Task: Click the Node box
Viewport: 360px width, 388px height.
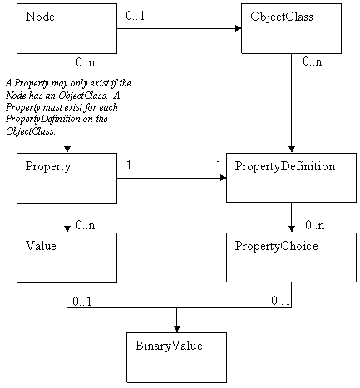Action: click(x=67, y=29)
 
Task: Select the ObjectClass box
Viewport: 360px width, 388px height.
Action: click(x=291, y=29)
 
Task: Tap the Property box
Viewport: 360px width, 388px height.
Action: click(x=67, y=178)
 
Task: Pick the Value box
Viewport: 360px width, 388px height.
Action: click(x=67, y=258)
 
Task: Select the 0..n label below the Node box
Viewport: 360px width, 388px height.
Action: click(x=86, y=62)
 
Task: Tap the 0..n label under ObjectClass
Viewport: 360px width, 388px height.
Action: click(x=313, y=62)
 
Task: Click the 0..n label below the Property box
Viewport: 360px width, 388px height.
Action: click(x=86, y=225)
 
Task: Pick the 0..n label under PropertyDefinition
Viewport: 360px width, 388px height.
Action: click(x=313, y=225)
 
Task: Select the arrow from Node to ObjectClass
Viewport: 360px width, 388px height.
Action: click(x=179, y=30)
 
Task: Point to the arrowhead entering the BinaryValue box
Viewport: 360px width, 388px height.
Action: click(x=176, y=327)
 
